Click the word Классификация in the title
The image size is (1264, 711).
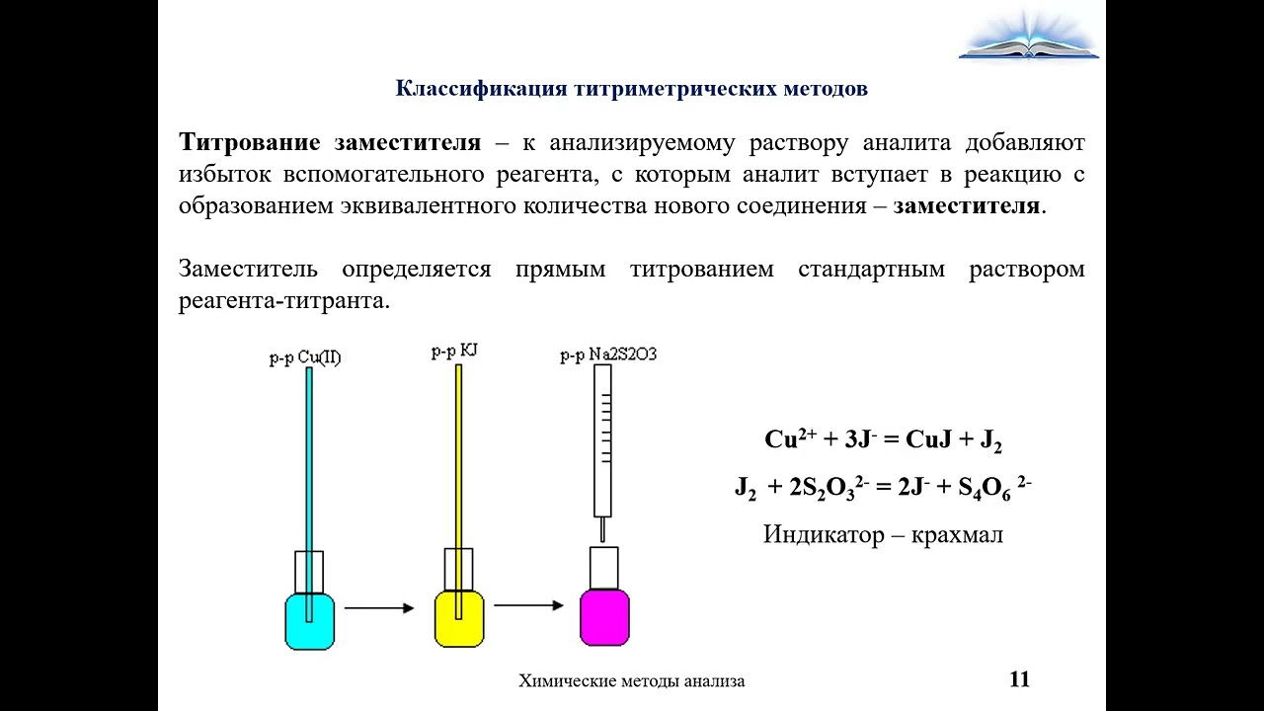point(481,89)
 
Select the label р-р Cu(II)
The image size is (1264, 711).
point(305,357)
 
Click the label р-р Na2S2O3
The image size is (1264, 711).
point(608,355)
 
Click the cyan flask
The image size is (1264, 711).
point(309,621)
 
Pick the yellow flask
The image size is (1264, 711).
point(459,618)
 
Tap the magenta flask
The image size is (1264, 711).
point(604,617)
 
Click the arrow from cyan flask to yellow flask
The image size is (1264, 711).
point(379,607)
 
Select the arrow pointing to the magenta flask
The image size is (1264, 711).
point(528,605)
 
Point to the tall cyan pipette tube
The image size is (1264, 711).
point(309,495)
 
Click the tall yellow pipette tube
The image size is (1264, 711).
point(459,492)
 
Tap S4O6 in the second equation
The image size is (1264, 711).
point(985,489)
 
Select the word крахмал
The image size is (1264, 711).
point(958,534)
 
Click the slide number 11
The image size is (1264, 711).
point(1020,678)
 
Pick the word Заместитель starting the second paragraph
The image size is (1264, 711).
point(248,269)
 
